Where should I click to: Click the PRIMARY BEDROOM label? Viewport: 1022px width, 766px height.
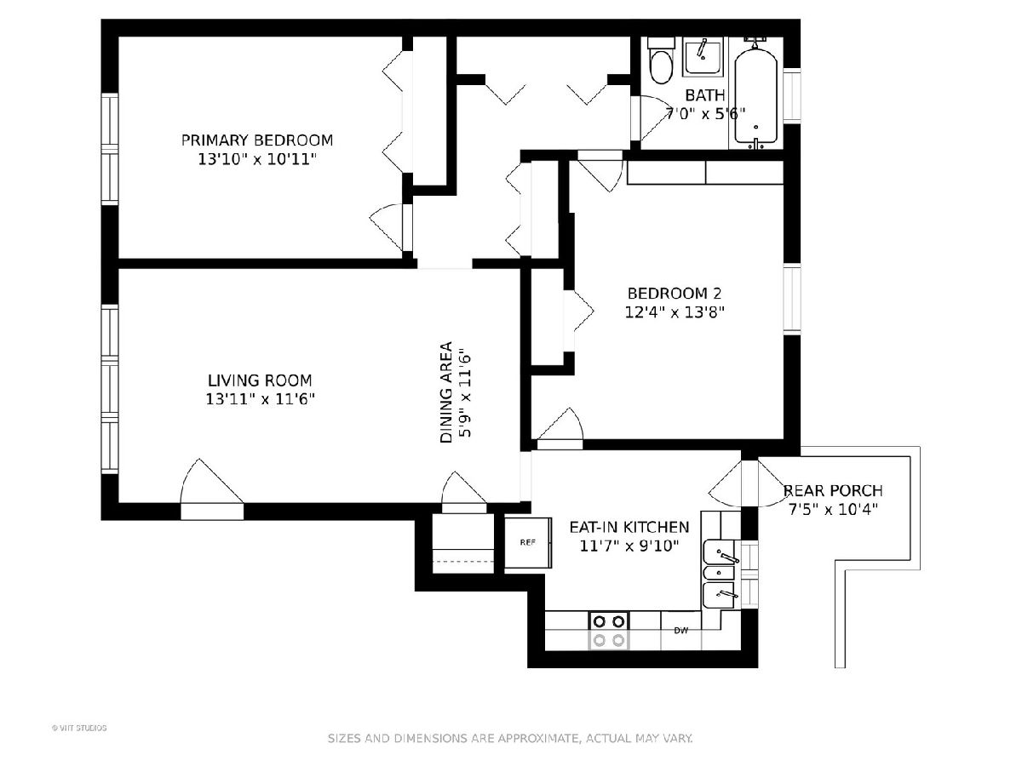coord(257,140)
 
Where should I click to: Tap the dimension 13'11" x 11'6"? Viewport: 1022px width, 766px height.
coord(261,399)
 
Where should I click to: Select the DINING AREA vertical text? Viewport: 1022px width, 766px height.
coord(446,392)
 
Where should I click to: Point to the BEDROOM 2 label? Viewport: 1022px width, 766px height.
coord(675,294)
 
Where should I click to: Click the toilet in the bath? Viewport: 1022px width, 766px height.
coord(661,60)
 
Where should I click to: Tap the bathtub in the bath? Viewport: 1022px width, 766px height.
coord(755,98)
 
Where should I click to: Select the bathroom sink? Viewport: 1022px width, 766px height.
coord(703,57)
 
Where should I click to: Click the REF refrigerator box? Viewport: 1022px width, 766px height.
coord(527,542)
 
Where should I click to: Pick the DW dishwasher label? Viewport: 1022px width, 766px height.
coord(681,631)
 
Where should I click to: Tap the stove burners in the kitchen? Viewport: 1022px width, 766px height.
coord(609,631)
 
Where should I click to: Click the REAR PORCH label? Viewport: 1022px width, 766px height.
coord(833,491)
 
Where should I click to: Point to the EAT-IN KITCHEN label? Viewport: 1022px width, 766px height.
coord(629,527)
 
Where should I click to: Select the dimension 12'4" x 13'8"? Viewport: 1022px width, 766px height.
coord(675,312)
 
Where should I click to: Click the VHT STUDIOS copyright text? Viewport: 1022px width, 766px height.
coord(79,729)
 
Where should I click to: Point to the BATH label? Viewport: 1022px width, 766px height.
coord(705,95)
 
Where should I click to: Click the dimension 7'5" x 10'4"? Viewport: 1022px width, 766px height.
coord(833,510)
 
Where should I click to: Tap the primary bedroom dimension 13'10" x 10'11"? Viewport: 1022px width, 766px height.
coord(257,159)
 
